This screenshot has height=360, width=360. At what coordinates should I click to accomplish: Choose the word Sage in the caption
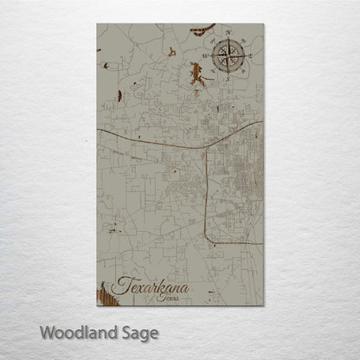pyautogui.click(x=140, y=332)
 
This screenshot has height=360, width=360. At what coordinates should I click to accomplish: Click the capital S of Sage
pyautogui.click(x=125, y=331)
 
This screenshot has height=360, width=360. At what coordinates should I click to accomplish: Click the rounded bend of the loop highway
pyautogui.click(x=208, y=238)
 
